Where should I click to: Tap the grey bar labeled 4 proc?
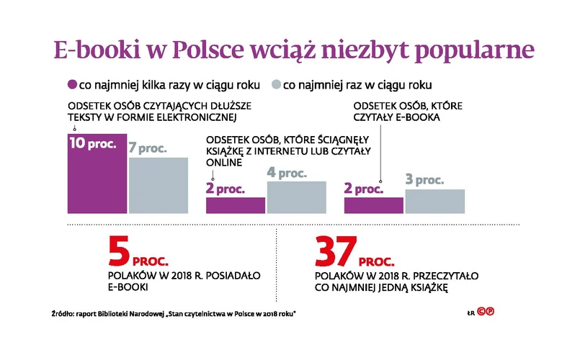296,197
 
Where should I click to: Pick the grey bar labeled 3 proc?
434,202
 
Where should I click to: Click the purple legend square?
71,84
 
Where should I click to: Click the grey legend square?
275,84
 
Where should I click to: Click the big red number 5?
120,253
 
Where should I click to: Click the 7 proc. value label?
148,149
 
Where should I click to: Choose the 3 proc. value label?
424,180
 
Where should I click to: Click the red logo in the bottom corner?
494,312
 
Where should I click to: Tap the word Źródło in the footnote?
64,312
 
